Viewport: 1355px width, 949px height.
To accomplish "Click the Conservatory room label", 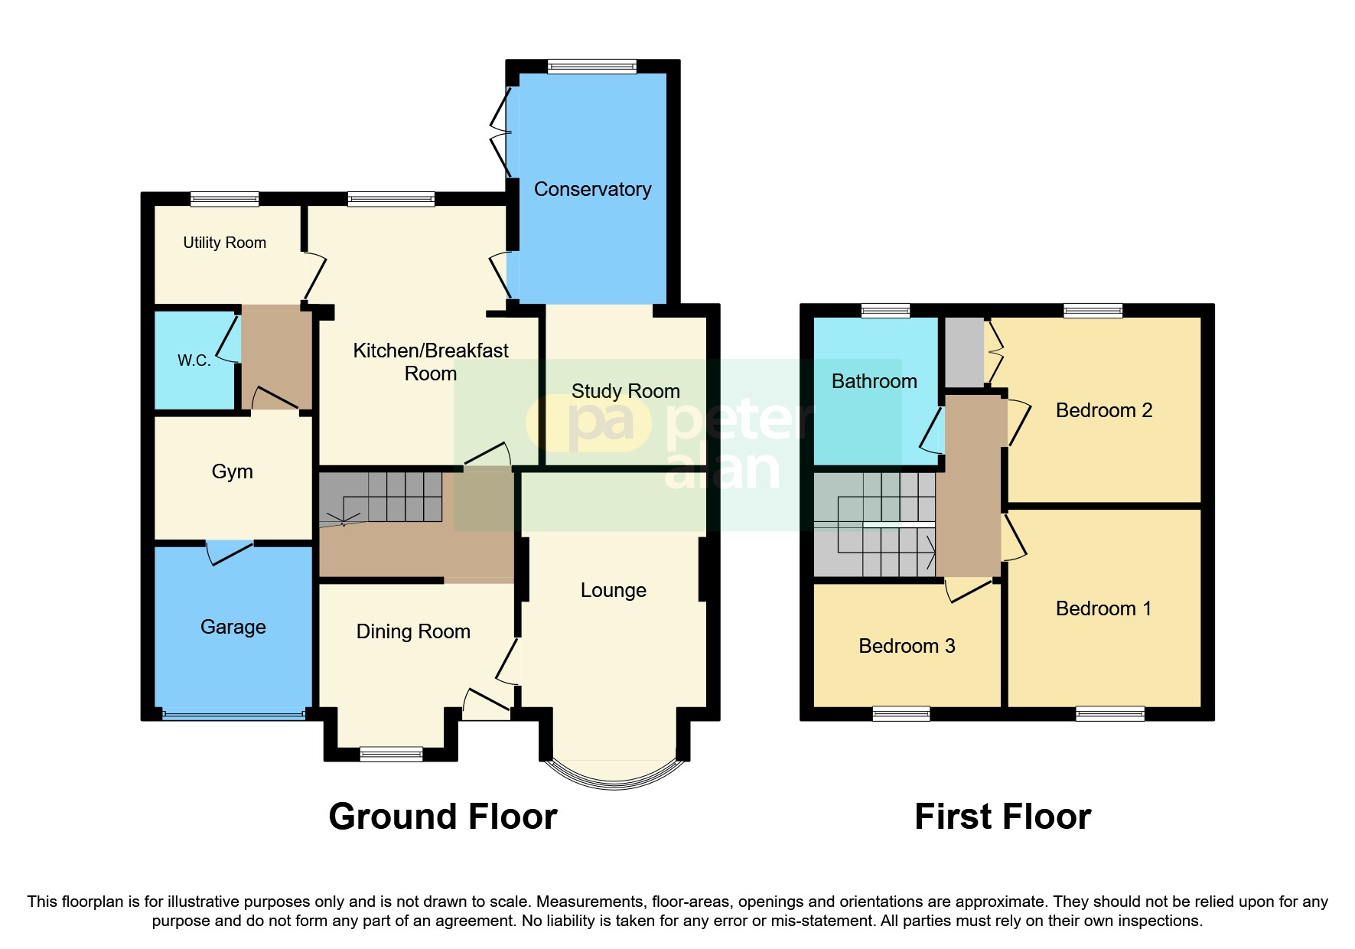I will coord(592,189).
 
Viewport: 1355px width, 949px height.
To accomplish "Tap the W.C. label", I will coord(194,360).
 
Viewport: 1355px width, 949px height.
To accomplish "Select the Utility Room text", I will coord(224,243).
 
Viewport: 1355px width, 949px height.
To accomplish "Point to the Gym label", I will coord(232,471).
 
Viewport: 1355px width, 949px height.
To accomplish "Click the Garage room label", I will coord(233,627).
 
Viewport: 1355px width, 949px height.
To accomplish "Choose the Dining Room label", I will coord(413,631).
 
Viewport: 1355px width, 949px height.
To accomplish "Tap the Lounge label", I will coord(613,590).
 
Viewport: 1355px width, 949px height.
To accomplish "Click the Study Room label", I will coord(625,391).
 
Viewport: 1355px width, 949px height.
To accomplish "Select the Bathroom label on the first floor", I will coord(874,381).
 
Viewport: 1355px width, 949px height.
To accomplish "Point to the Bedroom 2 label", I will coord(1103,410).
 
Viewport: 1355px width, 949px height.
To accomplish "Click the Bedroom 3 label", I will coord(907,646).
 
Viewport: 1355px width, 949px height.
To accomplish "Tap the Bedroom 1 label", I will coord(1103,608).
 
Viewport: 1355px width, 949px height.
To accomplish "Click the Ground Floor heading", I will coord(442,817).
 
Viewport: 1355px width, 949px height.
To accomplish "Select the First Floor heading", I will coord(1002,817).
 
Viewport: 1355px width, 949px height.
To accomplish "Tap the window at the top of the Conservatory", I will coord(591,67).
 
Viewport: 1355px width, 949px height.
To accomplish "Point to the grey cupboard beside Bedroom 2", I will coord(963,352).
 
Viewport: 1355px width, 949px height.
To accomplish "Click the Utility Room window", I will coord(224,199).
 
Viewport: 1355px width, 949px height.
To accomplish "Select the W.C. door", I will coord(227,341).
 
